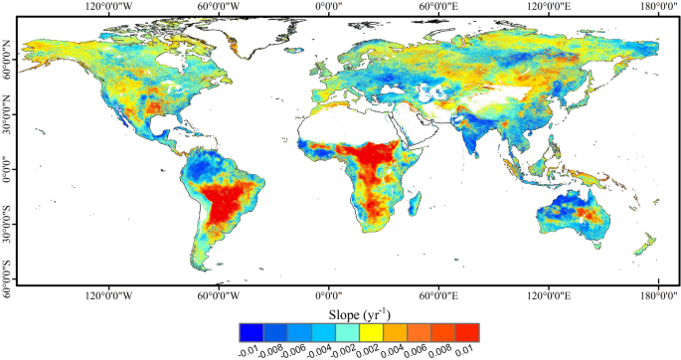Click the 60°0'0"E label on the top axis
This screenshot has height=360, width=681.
click(438, 7)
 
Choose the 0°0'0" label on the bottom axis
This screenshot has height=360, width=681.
click(329, 295)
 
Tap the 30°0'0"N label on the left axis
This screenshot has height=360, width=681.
click(8, 104)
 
